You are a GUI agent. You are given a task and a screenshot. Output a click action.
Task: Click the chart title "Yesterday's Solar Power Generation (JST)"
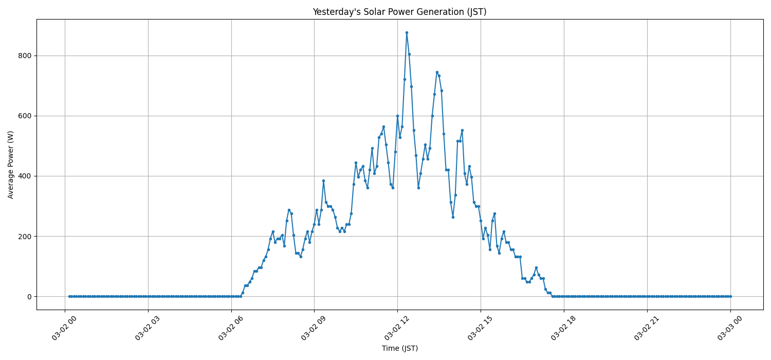[399, 12]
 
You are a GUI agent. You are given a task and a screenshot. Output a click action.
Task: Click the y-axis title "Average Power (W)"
[11, 164]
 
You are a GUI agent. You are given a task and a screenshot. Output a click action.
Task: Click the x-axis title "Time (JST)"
[399, 348]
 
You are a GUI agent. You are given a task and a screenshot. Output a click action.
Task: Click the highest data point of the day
[407, 32]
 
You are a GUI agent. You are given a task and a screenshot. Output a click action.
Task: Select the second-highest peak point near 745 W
[437, 72]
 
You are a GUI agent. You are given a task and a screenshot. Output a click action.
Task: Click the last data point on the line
[730, 296]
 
